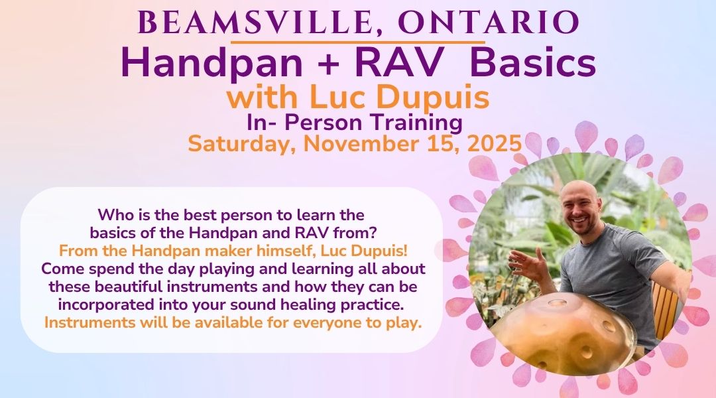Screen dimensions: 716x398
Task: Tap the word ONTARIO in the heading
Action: tap(488, 23)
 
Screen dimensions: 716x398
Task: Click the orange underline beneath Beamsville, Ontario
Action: tap(357, 42)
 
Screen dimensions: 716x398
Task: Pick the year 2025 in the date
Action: tap(495, 143)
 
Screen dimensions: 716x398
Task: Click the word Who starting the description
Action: tap(112, 214)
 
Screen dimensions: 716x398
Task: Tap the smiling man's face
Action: tap(581, 208)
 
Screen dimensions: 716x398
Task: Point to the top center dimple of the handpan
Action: tap(557, 302)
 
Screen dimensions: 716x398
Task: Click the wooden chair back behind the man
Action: tap(661, 310)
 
